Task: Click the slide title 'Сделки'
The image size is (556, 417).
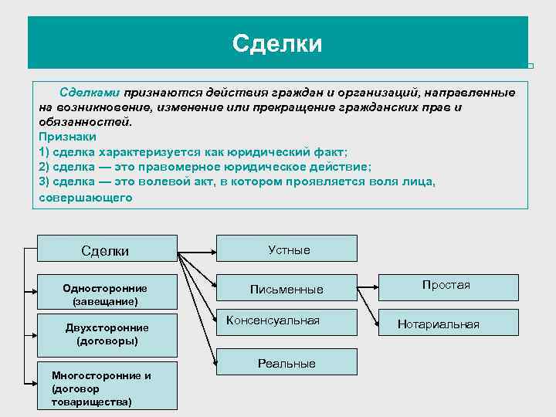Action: (276, 42)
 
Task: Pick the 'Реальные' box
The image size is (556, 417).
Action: (287, 362)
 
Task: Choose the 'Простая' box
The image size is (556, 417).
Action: (447, 286)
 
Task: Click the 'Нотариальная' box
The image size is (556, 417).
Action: (439, 324)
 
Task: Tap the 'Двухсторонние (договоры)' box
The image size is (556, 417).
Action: (107, 334)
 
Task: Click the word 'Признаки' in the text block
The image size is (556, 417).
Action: (67, 136)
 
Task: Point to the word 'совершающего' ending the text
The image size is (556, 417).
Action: (86, 197)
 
